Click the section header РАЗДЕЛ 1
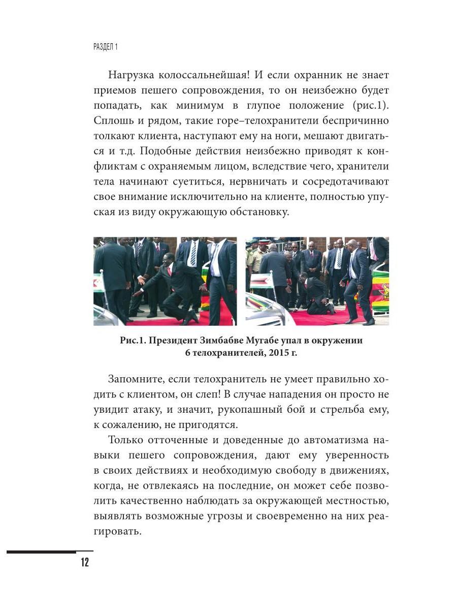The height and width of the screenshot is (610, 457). [x=106, y=47]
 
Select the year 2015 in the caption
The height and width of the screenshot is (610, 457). [x=276, y=353]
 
